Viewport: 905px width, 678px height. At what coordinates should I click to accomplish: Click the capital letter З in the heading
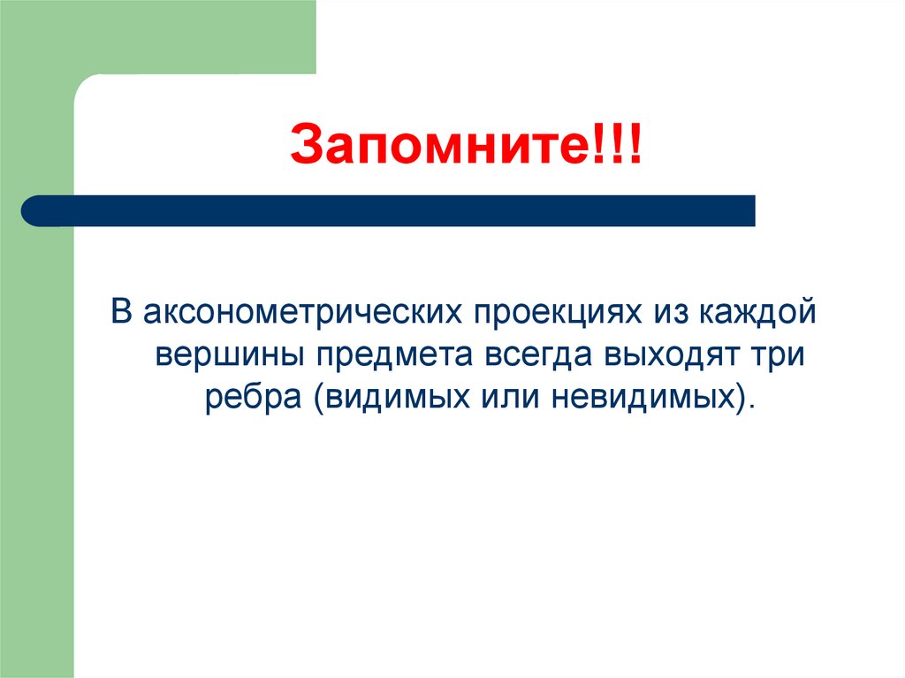coord(305,147)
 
